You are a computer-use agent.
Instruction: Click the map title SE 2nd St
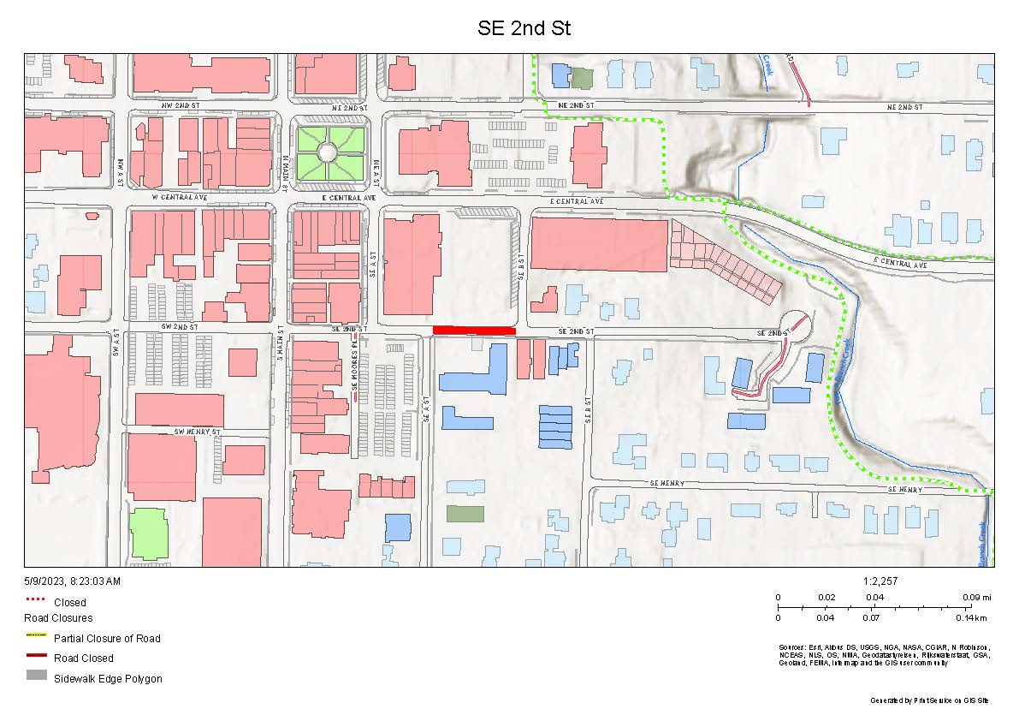tap(524, 28)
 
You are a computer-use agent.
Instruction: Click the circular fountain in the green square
tap(328, 152)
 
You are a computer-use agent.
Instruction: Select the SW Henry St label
tap(198, 431)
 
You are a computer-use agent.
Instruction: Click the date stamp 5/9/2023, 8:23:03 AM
tap(73, 581)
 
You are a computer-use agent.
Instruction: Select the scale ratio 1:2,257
tap(881, 581)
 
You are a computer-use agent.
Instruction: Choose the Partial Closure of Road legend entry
tap(107, 638)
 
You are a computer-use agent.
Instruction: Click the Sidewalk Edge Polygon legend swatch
tap(37, 676)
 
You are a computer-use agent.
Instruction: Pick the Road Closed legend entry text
tap(84, 658)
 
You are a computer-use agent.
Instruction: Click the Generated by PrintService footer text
tap(929, 700)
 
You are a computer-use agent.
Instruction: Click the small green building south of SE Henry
tap(465, 514)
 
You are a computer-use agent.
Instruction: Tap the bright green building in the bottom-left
tap(149, 535)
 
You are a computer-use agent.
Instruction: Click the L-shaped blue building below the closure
tap(474, 372)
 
